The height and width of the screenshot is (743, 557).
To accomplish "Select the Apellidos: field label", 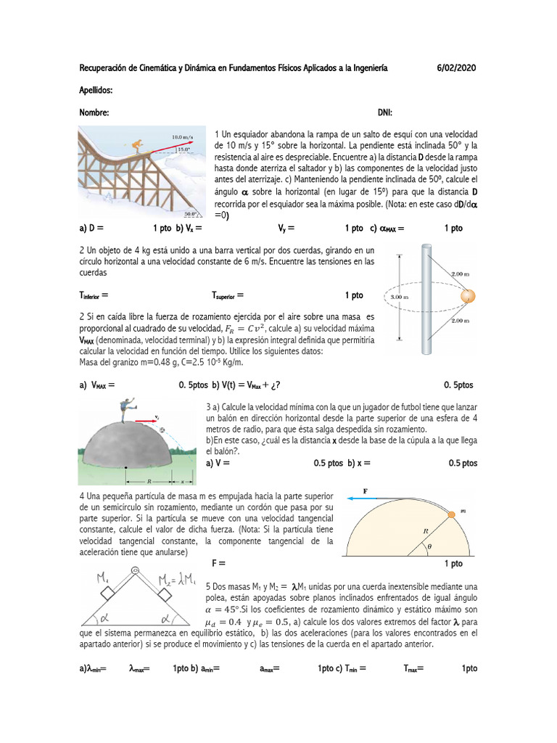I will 96,91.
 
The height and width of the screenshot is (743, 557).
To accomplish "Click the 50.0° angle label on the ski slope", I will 191,214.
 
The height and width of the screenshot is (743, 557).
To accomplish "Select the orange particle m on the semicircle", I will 450,514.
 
